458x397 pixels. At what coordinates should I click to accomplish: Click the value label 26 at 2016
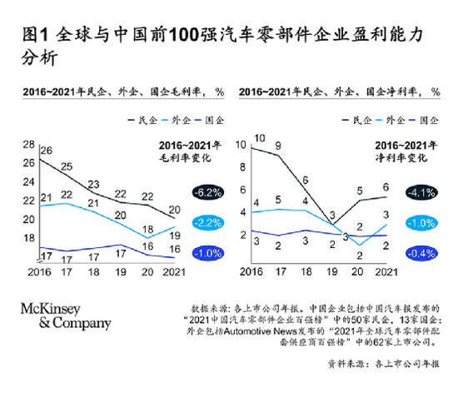[x=46, y=151]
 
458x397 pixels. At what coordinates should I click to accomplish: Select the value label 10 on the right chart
[x=260, y=138]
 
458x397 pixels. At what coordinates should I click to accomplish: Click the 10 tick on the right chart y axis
[x=242, y=144]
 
